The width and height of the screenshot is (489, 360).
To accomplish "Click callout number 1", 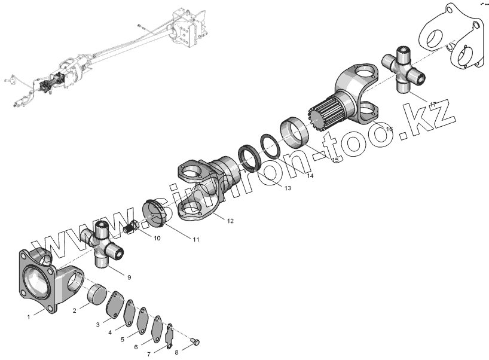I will [x=28, y=318].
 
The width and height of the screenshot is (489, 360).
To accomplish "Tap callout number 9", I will [x=129, y=277].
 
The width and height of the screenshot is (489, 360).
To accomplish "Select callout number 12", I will [x=230, y=221].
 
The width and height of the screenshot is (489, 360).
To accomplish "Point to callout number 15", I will [x=335, y=160].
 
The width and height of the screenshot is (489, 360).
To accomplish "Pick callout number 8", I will [x=176, y=352].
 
